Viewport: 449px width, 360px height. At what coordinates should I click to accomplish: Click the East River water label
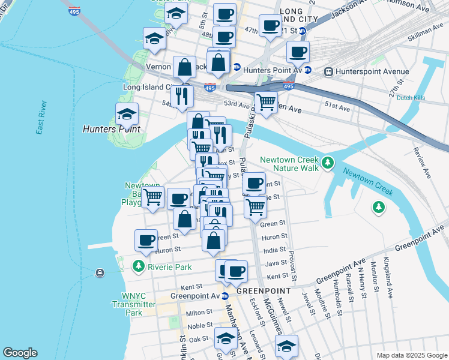point(41,118)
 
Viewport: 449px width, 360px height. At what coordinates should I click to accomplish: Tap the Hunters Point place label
point(111,129)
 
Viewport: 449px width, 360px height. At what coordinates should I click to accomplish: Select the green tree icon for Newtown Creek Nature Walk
point(327,163)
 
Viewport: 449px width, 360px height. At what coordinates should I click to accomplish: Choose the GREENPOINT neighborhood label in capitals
point(264,290)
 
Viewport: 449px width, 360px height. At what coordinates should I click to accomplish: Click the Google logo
point(20,353)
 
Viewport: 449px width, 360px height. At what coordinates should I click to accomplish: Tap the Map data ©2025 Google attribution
point(411,355)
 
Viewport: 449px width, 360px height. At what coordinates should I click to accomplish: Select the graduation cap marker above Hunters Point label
point(127,114)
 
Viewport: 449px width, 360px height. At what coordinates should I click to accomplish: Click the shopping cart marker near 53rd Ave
point(266,101)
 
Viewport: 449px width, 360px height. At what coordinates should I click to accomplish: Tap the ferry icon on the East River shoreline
point(99,273)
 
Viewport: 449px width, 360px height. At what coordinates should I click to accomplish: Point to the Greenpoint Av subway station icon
point(225,296)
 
